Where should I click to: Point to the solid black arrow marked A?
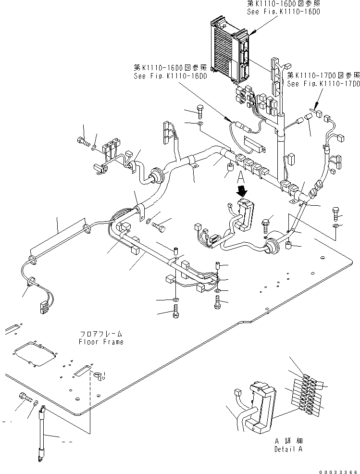[x=242, y=191]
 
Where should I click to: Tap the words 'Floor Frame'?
[x=101, y=342]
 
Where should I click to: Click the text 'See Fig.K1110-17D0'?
[x=323, y=84]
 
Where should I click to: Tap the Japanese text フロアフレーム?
[x=101, y=334]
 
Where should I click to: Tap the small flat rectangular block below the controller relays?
[x=254, y=142]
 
